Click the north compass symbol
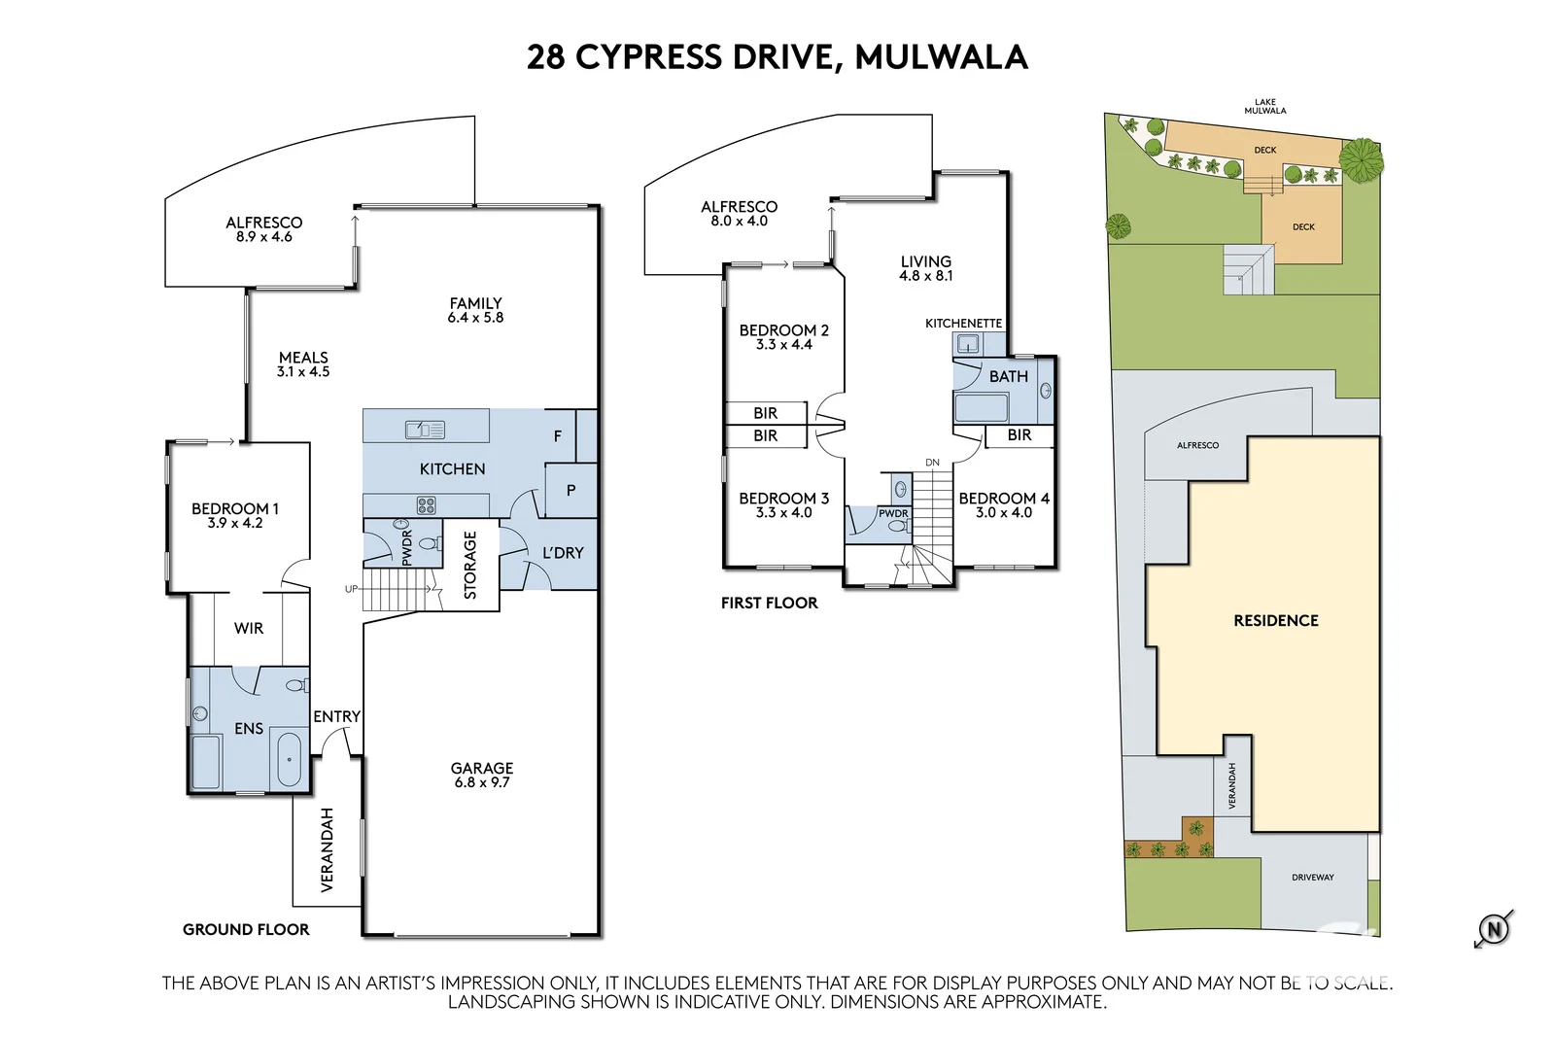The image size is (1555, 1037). pyautogui.click(x=1494, y=929)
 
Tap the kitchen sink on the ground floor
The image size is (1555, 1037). pyautogui.click(x=425, y=429)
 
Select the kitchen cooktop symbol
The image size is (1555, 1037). pyautogui.click(x=426, y=504)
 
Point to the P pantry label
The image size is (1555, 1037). pyautogui.click(x=570, y=491)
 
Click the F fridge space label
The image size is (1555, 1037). pyautogui.click(x=558, y=436)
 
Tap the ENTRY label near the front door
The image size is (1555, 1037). pyautogui.click(x=336, y=716)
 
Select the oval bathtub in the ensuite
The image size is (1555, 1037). pyautogui.click(x=289, y=759)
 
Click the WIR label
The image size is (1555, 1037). pyautogui.click(x=249, y=629)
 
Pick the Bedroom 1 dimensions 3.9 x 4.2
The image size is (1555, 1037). pyautogui.click(x=235, y=523)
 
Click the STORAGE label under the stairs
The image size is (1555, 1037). pyautogui.click(x=470, y=565)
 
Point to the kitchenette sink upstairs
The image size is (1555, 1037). pyautogui.click(x=967, y=343)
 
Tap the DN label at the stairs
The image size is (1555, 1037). pyautogui.click(x=932, y=463)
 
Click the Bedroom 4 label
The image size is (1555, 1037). pyautogui.click(x=1004, y=499)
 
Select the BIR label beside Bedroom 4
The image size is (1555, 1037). pyautogui.click(x=1019, y=435)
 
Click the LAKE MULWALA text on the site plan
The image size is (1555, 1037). pyautogui.click(x=1264, y=106)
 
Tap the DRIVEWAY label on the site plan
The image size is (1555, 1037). pyautogui.click(x=1312, y=878)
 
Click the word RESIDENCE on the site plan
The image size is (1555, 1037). pyautogui.click(x=1275, y=621)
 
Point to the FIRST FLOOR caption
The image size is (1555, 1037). pyautogui.click(x=769, y=603)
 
